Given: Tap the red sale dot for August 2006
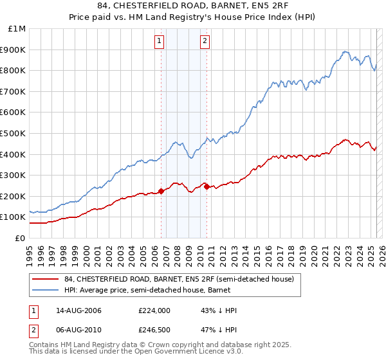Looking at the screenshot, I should pos(161,190).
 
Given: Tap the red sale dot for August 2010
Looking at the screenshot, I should pos(207,186).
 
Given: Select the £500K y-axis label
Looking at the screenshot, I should pos(14,133).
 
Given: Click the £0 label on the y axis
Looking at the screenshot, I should pos(19,238).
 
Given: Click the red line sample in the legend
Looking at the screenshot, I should pos(45,279).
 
